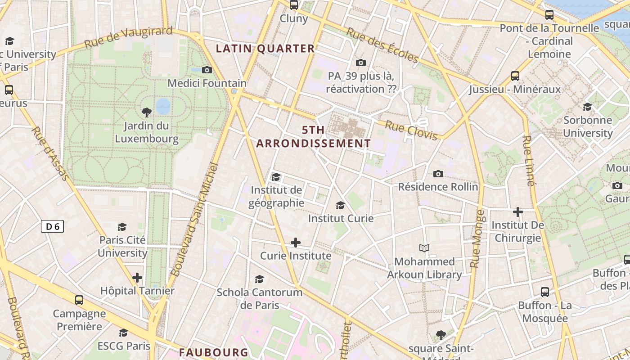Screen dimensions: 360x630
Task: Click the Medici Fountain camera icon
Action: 207,70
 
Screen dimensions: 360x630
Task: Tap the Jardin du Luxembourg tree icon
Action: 146,112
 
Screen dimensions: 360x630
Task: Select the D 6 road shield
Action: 53,226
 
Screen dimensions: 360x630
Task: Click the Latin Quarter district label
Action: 265,49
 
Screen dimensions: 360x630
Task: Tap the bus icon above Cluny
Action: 294,5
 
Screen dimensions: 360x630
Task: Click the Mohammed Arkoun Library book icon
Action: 424,248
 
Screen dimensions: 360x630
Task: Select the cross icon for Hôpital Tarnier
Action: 137,278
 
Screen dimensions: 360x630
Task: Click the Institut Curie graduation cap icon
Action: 341,206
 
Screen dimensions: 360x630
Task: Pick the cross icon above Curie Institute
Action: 296,243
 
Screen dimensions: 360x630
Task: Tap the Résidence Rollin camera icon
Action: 438,174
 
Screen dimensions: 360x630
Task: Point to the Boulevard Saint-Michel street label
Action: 195,220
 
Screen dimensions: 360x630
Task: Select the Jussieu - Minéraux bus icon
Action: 515,76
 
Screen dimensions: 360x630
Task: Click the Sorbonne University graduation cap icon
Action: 588,107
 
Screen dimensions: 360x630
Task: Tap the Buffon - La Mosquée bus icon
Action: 545,292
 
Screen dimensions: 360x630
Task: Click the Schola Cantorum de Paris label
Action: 260,298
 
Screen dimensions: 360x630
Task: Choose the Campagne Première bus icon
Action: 79,300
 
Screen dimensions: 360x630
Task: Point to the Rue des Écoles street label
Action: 382,45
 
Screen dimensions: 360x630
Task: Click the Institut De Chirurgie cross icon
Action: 518,211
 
